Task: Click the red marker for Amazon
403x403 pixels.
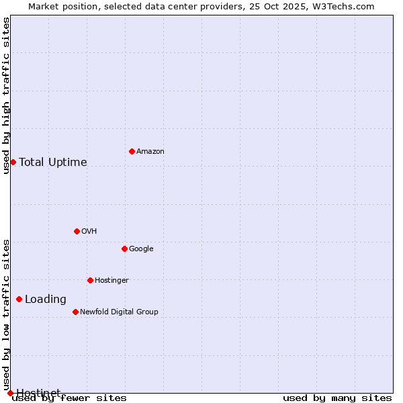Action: coord(132,151)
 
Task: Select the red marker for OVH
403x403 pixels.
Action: coord(77,231)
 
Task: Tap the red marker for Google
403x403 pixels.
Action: coord(124,249)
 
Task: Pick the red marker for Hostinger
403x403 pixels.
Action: coord(90,280)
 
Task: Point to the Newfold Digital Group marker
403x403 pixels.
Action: coord(75,312)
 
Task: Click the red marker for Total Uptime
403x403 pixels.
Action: coord(13,162)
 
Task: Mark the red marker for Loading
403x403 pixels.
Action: coord(19,299)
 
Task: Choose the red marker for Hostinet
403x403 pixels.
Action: coord(10,393)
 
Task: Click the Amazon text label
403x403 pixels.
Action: coord(150,152)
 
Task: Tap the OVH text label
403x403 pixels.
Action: coord(89,232)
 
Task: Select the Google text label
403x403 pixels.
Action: coord(141,249)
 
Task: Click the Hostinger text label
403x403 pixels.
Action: coord(111,281)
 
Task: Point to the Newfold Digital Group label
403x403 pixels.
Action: coord(119,312)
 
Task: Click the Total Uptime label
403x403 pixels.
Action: coord(53,163)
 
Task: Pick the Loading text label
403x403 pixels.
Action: coord(46,300)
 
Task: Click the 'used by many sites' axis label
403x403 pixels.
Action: coord(337,398)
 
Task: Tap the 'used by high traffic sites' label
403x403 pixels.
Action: coord(6,95)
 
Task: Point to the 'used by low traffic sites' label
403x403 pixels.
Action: coord(6,315)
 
